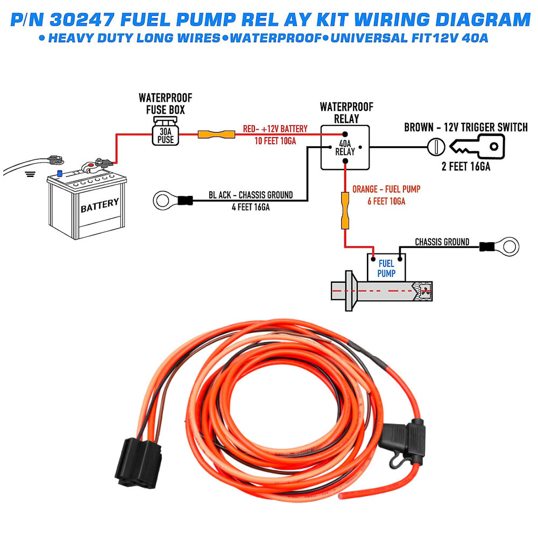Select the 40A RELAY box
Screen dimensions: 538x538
click(x=345, y=147)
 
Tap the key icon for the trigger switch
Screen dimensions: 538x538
click(x=477, y=146)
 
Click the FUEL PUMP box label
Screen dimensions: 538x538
click(x=386, y=268)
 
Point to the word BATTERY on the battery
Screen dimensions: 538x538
click(x=100, y=205)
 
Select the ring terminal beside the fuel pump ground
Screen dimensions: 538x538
click(x=507, y=246)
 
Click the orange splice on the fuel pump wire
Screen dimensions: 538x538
click(x=345, y=213)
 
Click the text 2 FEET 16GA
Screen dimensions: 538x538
click(x=466, y=167)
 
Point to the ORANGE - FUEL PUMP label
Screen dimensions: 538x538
click(x=386, y=189)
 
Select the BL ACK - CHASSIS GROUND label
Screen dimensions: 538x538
click(x=251, y=195)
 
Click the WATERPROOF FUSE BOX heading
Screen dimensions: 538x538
click(x=165, y=104)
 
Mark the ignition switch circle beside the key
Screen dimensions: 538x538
click(x=435, y=146)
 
